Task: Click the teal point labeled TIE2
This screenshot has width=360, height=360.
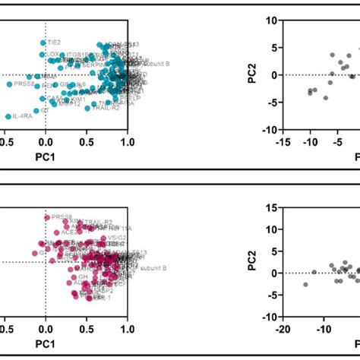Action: pyautogui.click(x=43, y=43)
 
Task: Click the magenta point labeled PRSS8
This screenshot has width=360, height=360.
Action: pyautogui.click(x=46, y=218)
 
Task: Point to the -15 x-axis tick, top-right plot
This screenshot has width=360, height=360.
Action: pyautogui.click(x=282, y=141)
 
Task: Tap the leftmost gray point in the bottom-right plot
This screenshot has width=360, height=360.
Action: pyautogui.click(x=305, y=284)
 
